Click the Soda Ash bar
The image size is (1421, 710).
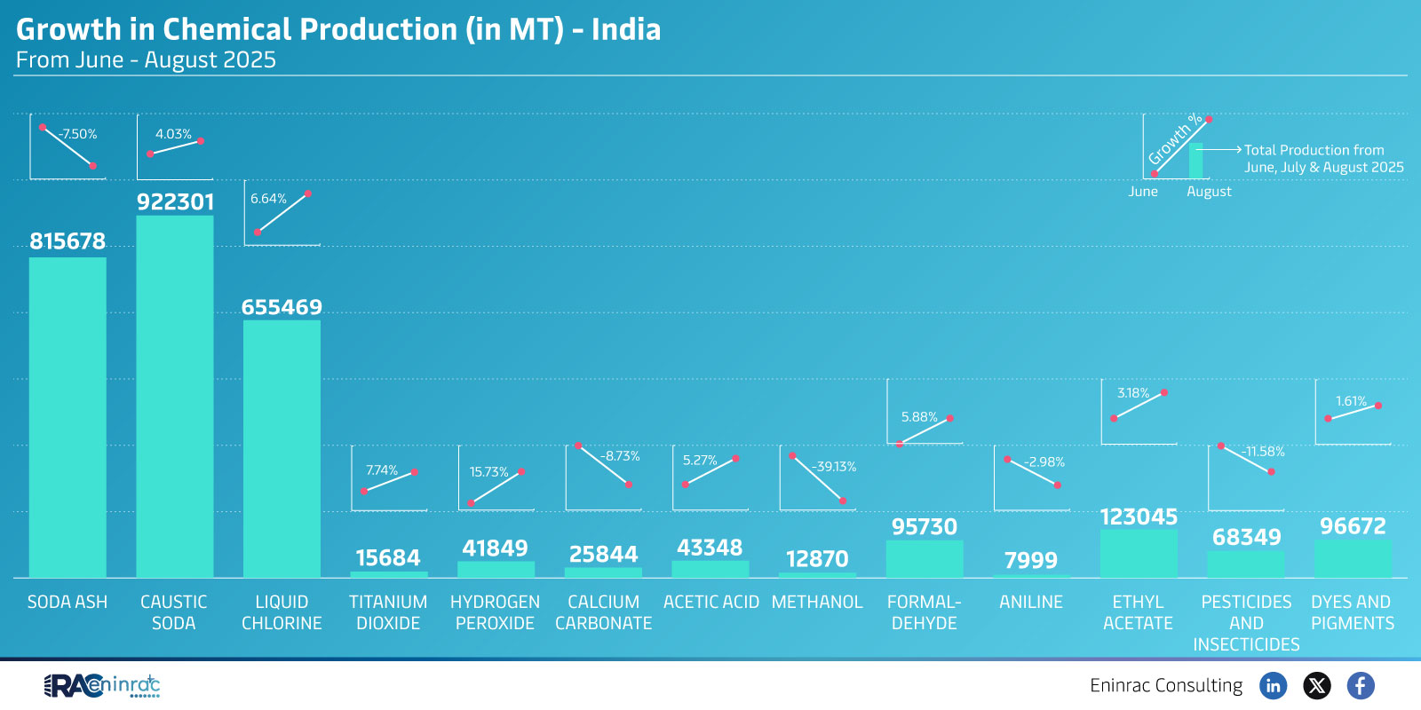pyautogui.click(x=67, y=417)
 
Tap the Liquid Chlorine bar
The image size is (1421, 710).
pyautogui.click(x=282, y=448)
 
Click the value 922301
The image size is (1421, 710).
pyautogui.click(x=175, y=202)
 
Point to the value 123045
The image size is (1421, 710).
pyautogui.click(x=1139, y=517)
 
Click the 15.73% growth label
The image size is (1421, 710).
pyautogui.click(x=488, y=472)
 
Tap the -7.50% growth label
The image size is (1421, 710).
pyautogui.click(x=77, y=134)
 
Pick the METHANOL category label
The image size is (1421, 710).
pyautogui.click(x=817, y=602)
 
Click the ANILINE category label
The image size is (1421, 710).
pyautogui.click(x=1030, y=602)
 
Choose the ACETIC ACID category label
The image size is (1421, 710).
pyautogui.click(x=710, y=602)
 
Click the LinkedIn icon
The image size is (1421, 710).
pyautogui.click(x=1273, y=685)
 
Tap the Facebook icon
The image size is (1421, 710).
pyautogui.click(x=1360, y=685)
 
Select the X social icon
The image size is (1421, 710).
pyautogui.click(x=1316, y=685)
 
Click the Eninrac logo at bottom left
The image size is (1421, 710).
pyautogui.click(x=101, y=685)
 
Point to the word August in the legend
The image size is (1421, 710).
pyautogui.click(x=1209, y=192)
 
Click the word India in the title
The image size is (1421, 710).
pyautogui.click(x=626, y=29)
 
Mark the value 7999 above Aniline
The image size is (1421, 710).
pyautogui.click(x=1030, y=560)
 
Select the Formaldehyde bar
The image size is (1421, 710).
pyautogui.click(x=924, y=559)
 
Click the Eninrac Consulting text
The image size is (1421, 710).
pyautogui.click(x=1166, y=685)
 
